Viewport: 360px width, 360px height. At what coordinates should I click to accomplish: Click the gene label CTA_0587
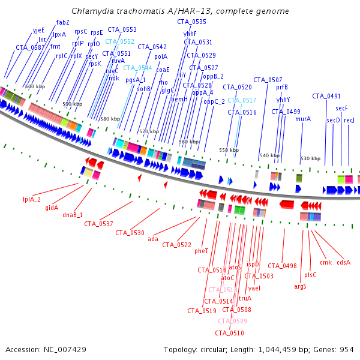pyautogui.click(x=30, y=47)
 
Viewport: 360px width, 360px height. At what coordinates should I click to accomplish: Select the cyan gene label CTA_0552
pyautogui.click(x=120, y=41)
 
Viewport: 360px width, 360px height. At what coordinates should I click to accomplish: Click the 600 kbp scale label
pyautogui.click(x=35, y=87)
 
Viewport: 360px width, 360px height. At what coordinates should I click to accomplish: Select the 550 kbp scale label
pyautogui.click(x=228, y=150)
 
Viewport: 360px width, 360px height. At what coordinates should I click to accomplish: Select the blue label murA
pyautogui.click(x=303, y=119)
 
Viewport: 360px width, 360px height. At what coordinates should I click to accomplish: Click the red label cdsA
pyautogui.click(x=343, y=262)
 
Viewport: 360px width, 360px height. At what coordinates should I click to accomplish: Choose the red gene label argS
pyautogui.click(x=300, y=286)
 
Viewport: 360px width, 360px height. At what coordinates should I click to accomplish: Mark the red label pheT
pyautogui.click(x=201, y=251)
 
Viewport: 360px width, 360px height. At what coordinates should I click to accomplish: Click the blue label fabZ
pyautogui.click(x=63, y=22)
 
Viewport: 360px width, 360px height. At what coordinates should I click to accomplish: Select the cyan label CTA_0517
pyautogui.click(x=242, y=100)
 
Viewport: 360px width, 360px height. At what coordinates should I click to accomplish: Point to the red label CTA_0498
pyautogui.click(x=282, y=266)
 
